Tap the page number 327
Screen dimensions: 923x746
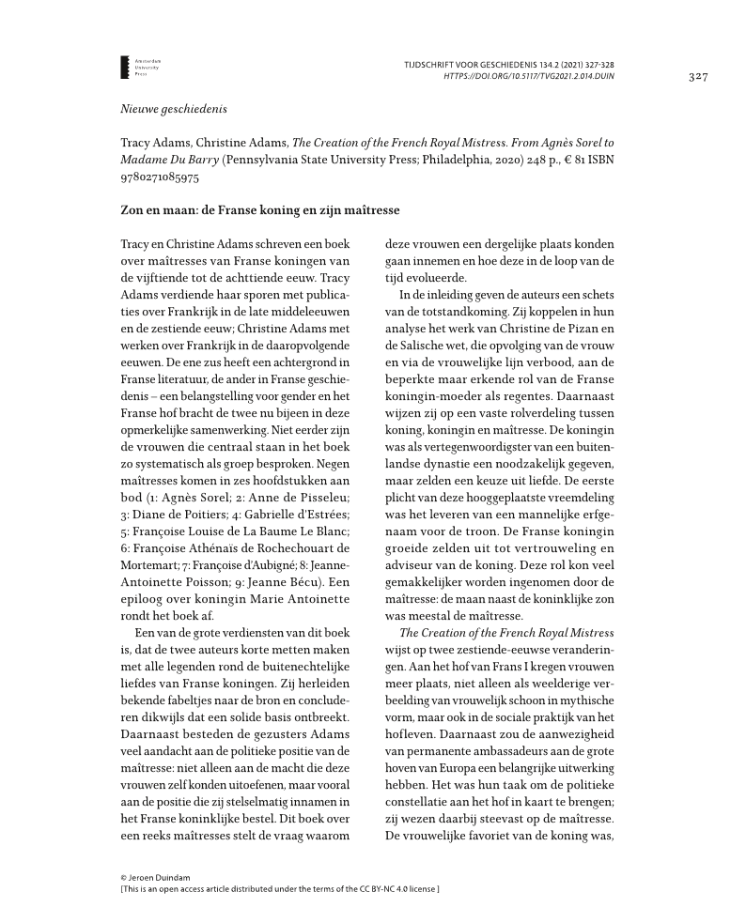point(697,75)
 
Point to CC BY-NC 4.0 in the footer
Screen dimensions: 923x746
point(382,887)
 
